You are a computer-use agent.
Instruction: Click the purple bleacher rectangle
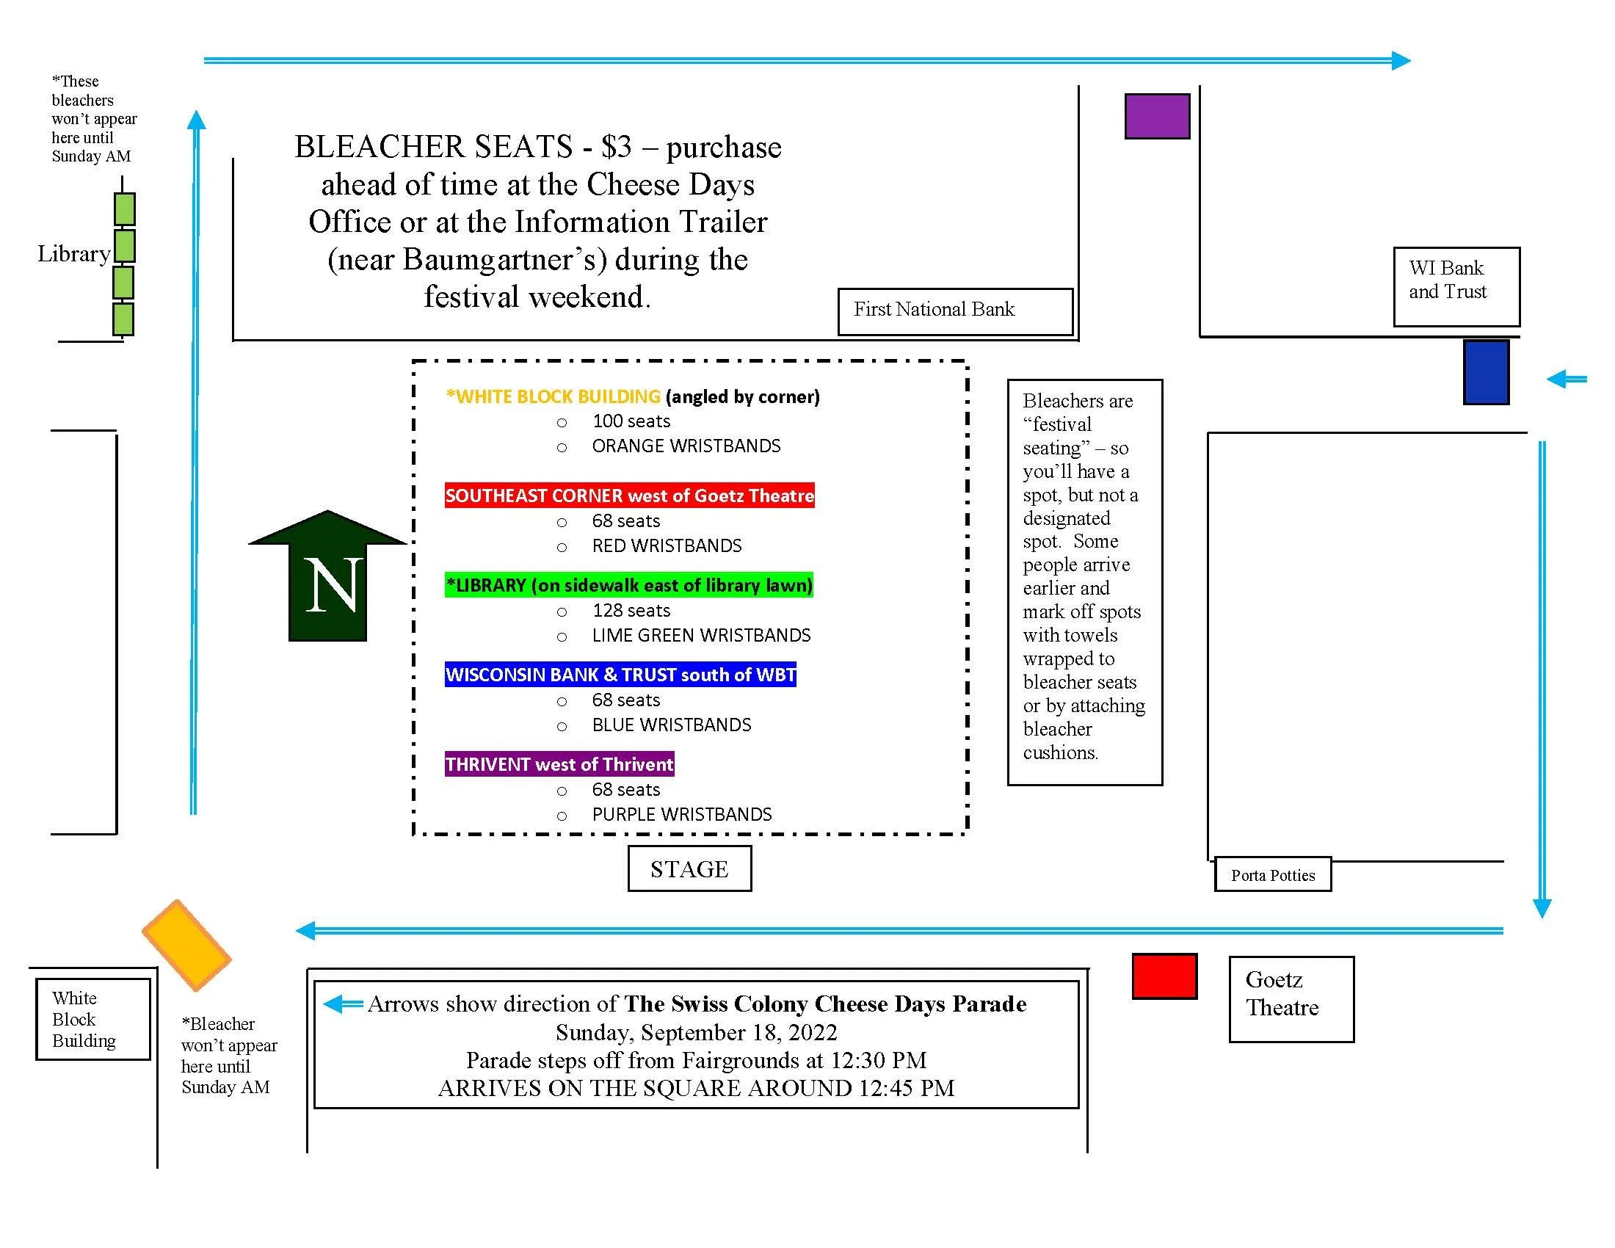pyautogui.click(x=1156, y=116)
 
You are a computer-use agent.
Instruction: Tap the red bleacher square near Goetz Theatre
pyautogui.click(x=1164, y=976)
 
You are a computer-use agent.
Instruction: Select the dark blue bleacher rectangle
pyautogui.click(x=1486, y=372)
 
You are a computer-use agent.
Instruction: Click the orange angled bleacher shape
pyautogui.click(x=187, y=944)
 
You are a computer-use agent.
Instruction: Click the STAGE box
pyautogui.click(x=689, y=868)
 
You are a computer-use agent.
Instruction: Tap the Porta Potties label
pyautogui.click(x=1273, y=875)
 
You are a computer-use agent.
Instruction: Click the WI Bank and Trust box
pyautogui.click(x=1456, y=286)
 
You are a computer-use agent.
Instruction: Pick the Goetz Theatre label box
pyautogui.click(x=1291, y=999)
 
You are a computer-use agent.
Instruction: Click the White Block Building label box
pyautogui.click(x=93, y=1020)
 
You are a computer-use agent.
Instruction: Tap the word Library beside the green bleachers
pyautogui.click(x=74, y=253)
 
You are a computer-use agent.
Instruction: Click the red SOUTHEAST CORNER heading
pyautogui.click(x=629, y=496)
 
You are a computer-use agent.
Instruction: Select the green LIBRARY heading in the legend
pyautogui.click(x=628, y=586)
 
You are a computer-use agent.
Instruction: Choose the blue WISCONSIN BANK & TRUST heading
pyautogui.click(x=620, y=675)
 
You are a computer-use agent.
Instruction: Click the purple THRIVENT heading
pyautogui.click(x=559, y=764)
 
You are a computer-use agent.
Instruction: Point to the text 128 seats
pyautogui.click(x=631, y=611)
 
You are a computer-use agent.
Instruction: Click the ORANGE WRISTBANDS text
pyautogui.click(x=686, y=446)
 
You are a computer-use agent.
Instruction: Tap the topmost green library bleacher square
pyautogui.click(x=124, y=208)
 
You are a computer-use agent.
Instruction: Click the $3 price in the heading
pyautogui.click(x=616, y=147)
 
